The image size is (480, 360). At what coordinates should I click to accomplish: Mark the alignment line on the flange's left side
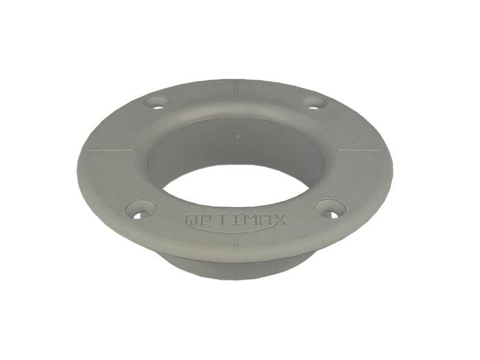pos(111,150)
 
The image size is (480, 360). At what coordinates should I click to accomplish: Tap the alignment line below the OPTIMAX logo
pos(237,240)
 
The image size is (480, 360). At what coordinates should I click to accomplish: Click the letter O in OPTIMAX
pos(192,219)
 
